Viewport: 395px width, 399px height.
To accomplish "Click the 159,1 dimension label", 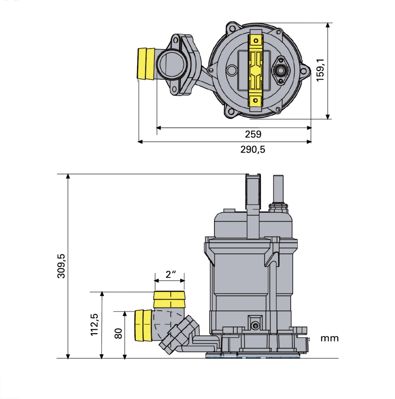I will tap(320, 70).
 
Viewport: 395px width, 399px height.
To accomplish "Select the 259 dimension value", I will tap(253, 134).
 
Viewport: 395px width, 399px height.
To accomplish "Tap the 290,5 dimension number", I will tap(253, 150).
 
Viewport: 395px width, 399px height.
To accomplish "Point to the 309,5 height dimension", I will tap(61, 266).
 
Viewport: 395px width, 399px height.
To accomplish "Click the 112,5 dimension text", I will tap(95, 324).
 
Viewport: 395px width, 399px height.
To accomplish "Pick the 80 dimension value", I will tap(119, 334).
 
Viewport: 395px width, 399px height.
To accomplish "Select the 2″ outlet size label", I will tap(170, 274).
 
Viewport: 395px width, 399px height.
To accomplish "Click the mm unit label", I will tap(329, 339).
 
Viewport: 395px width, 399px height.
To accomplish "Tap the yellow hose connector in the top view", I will tap(146, 64).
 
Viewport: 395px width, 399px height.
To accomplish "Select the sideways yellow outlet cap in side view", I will tap(143, 325).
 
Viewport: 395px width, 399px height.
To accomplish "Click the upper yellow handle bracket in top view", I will tap(256, 41).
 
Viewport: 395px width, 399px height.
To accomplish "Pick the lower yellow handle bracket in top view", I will tap(256, 100).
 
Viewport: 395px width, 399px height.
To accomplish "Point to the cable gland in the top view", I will tap(281, 71).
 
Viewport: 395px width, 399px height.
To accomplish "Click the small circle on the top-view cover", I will tap(232, 70).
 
